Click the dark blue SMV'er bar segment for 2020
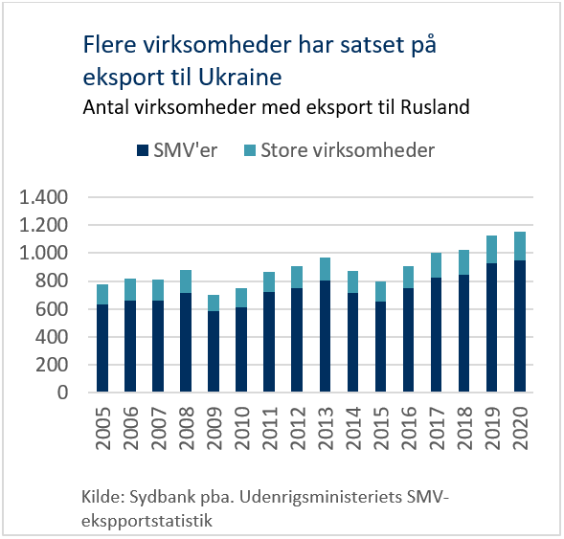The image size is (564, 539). click(x=520, y=326)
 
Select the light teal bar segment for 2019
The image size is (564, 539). click(x=491, y=250)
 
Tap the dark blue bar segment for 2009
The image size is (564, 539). click(x=214, y=351)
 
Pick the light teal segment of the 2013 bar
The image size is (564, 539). click(x=325, y=269)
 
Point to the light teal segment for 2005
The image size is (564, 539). click(x=102, y=295)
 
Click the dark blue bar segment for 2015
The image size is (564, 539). click(x=380, y=347)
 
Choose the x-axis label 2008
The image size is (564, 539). click(x=187, y=428)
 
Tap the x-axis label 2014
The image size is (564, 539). click(x=353, y=428)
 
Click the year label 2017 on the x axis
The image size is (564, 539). click(x=437, y=428)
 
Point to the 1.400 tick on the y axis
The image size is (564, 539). click(x=43, y=197)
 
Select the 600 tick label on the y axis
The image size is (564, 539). click(x=52, y=309)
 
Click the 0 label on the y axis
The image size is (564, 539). click(x=62, y=393)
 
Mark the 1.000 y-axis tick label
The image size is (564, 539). click(x=43, y=253)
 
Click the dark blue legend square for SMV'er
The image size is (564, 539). click(x=143, y=150)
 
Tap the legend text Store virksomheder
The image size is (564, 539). click(x=348, y=150)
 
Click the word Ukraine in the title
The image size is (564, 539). click(x=240, y=77)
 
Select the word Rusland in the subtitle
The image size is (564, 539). click(x=435, y=107)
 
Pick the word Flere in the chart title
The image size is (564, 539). click(x=110, y=45)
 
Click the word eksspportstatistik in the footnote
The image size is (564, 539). click(x=147, y=521)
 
